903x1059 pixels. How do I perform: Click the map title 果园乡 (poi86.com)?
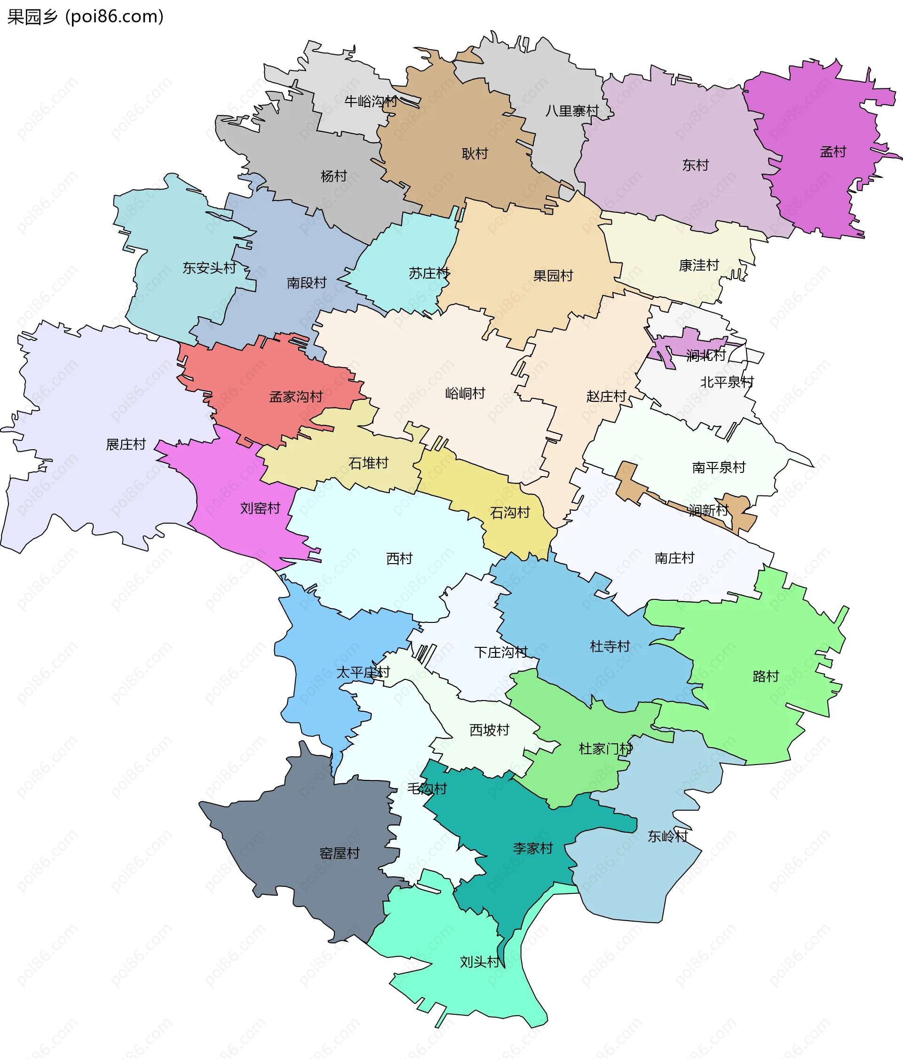85,17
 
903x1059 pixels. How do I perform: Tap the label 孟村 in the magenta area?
833,152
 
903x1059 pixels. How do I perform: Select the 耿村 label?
475,153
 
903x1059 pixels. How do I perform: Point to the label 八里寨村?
572,111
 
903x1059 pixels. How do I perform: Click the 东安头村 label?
210,268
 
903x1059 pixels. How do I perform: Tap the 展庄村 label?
126,444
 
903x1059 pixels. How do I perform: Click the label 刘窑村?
260,508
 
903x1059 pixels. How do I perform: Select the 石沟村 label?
510,513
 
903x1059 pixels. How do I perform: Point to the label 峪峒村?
465,393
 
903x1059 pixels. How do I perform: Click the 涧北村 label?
706,355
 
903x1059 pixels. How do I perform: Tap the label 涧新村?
708,510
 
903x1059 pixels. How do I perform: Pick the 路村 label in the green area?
766,676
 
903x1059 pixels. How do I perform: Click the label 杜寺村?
610,646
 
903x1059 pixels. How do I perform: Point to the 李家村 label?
533,848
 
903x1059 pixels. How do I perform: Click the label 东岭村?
667,836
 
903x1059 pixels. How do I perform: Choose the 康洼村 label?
698,265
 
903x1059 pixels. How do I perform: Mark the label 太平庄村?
363,673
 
